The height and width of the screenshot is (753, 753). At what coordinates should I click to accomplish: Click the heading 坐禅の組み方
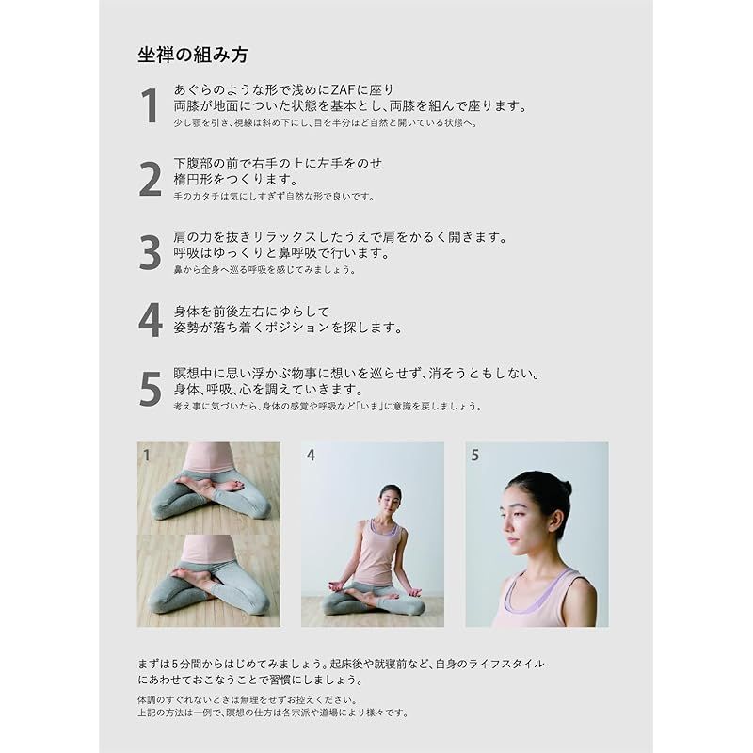coord(193,55)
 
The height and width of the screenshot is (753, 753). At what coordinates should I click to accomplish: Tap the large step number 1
coord(150,105)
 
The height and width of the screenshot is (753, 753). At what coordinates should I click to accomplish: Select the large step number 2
coord(151,179)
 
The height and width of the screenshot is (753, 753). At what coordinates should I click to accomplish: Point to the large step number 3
coord(151,252)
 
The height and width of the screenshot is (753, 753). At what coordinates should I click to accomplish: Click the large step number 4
coord(151,320)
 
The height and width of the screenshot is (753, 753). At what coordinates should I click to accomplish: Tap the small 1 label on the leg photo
coord(147,455)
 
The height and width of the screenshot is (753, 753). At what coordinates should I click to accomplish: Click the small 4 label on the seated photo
coord(312,455)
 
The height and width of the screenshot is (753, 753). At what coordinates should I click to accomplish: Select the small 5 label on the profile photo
coord(475,455)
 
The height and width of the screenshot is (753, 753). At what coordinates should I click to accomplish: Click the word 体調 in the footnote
coord(146,699)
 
